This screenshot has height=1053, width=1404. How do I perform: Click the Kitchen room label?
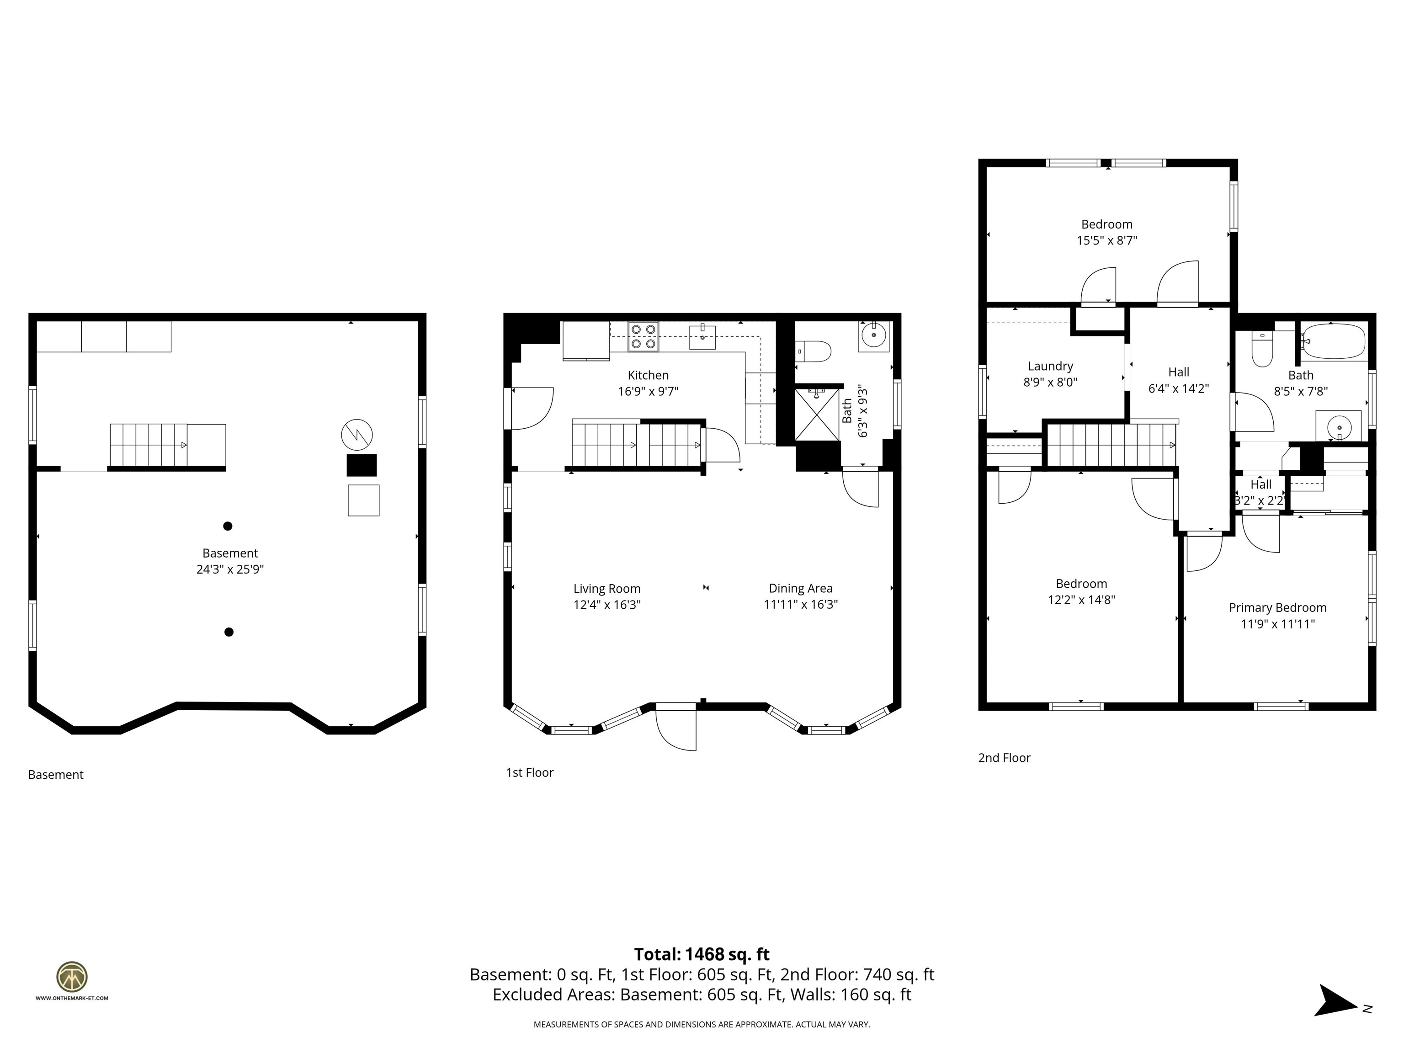[648, 375]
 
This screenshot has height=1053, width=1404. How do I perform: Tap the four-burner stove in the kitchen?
[643, 336]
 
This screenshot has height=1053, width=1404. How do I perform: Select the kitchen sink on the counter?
[702, 337]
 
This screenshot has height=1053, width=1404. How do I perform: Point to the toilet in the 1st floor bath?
[813, 351]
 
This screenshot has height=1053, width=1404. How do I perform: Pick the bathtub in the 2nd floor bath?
[1332, 341]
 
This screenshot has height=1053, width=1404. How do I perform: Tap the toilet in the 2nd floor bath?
[1262, 349]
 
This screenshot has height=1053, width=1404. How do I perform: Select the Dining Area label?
[800, 588]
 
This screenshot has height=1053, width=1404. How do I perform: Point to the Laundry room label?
[1050, 366]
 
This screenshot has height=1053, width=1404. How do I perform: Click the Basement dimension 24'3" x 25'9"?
[230, 569]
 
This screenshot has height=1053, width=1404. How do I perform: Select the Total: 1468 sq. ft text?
[702, 954]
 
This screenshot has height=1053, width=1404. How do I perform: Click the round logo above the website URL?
[72, 977]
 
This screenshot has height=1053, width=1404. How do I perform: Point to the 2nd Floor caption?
[1004, 758]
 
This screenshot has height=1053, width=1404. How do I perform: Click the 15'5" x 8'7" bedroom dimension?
[1107, 240]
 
